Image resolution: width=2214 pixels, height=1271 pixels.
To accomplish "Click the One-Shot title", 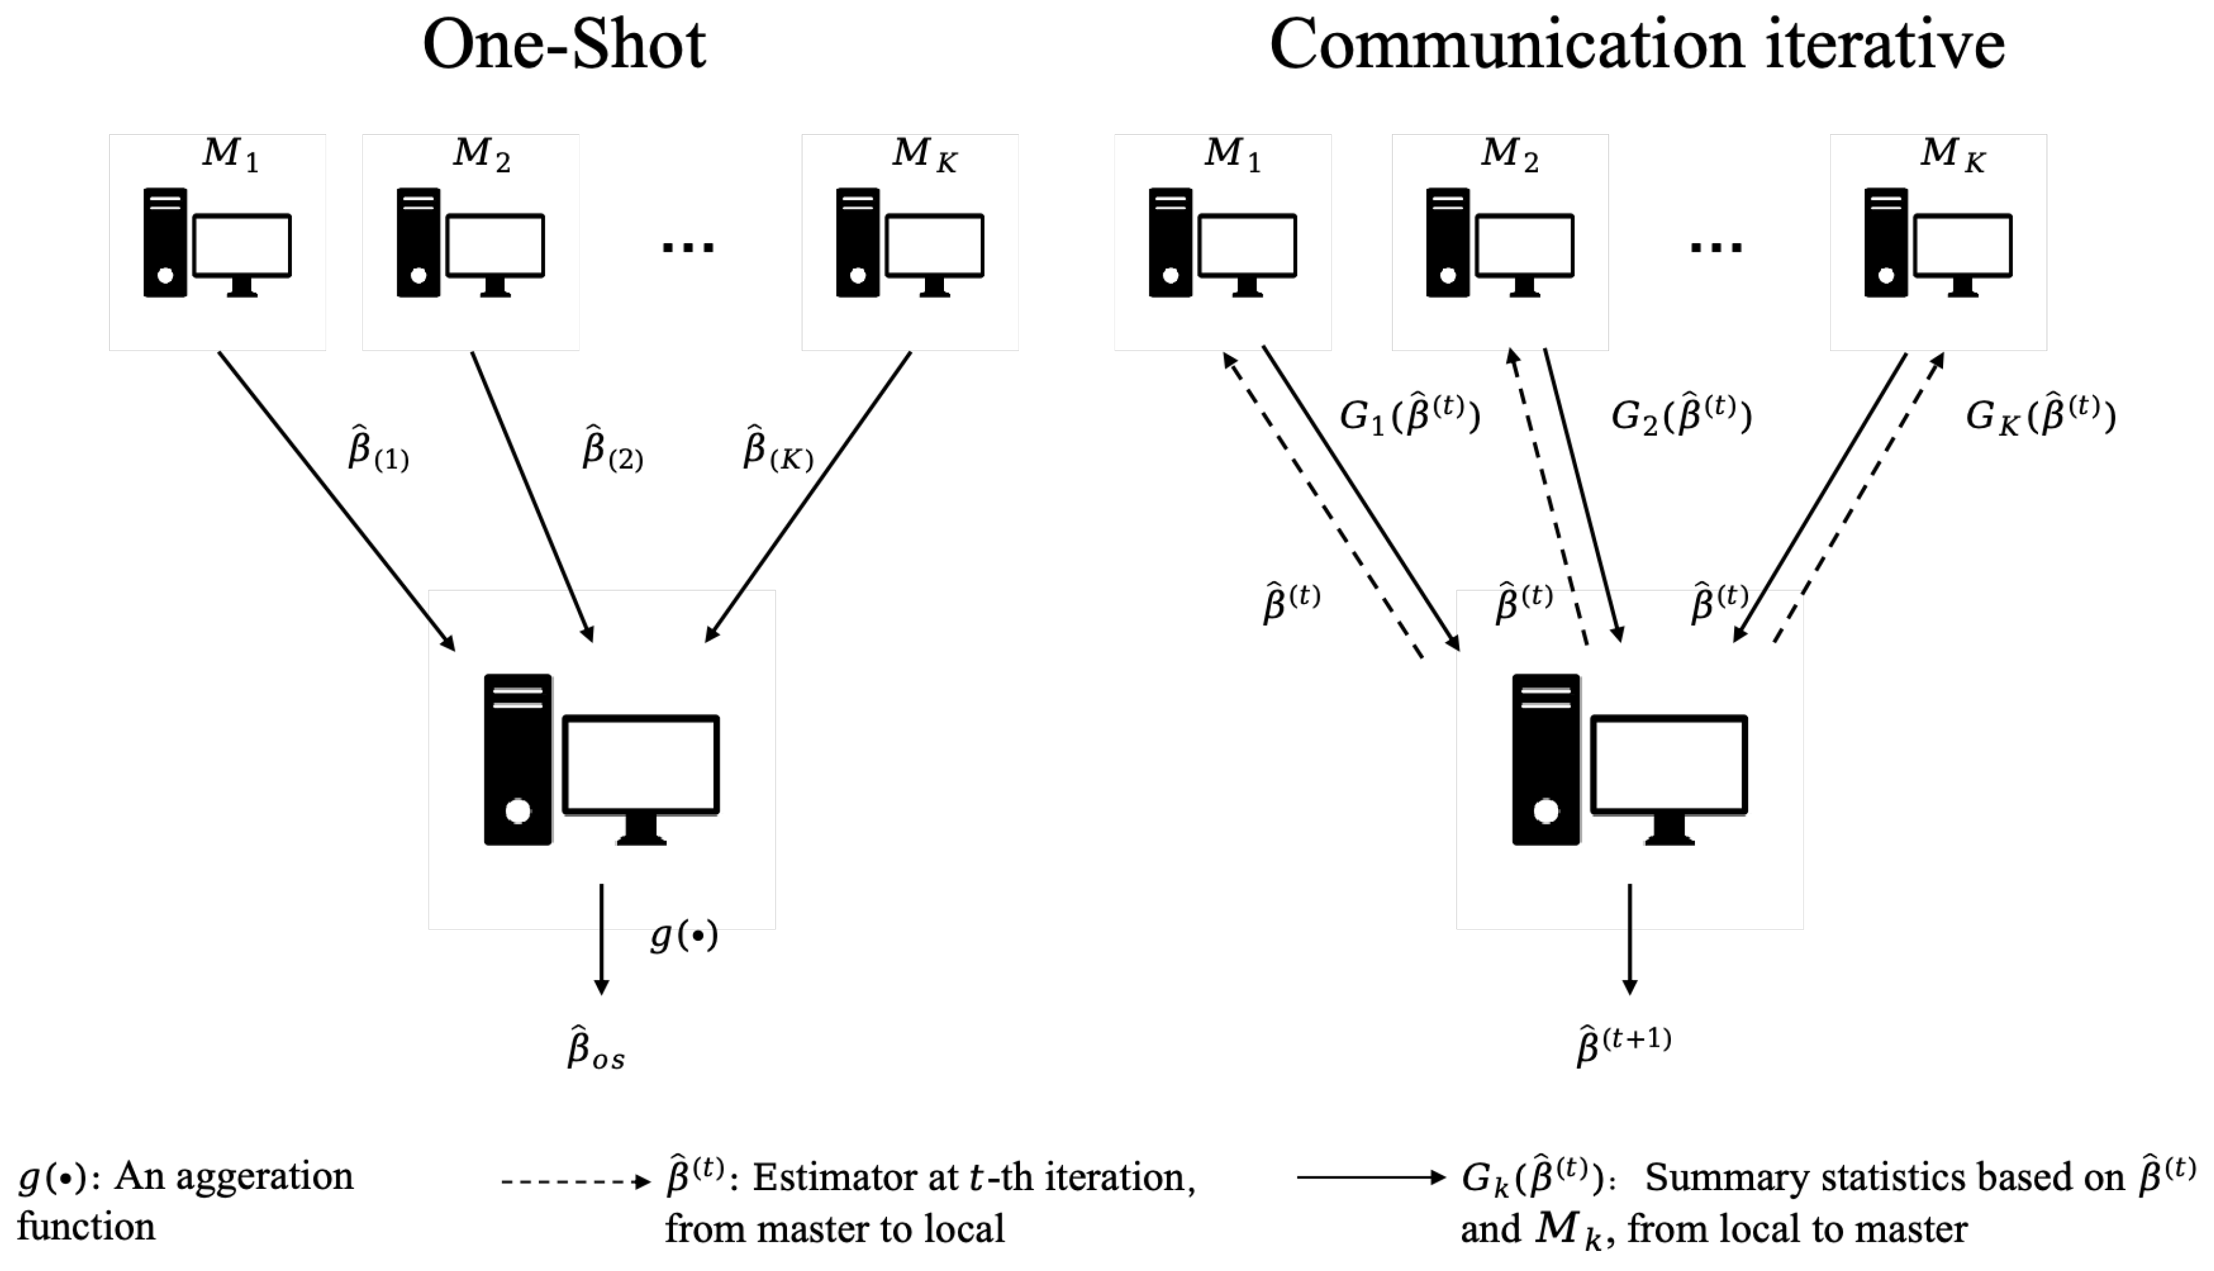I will click(564, 45).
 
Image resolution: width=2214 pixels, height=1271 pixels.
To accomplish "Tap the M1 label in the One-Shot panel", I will click(230, 154).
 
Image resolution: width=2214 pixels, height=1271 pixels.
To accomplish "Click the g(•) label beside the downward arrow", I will click(684, 936).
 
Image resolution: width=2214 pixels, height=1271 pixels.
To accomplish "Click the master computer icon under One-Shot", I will click(602, 760).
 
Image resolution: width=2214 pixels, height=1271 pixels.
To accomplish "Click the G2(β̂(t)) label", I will click(1680, 415).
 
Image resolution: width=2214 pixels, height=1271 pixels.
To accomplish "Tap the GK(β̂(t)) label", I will click(2040, 415).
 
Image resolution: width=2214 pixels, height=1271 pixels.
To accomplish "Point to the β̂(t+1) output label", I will click(1622, 1045).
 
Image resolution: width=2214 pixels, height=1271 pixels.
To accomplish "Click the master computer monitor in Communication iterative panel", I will click(1668, 766).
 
